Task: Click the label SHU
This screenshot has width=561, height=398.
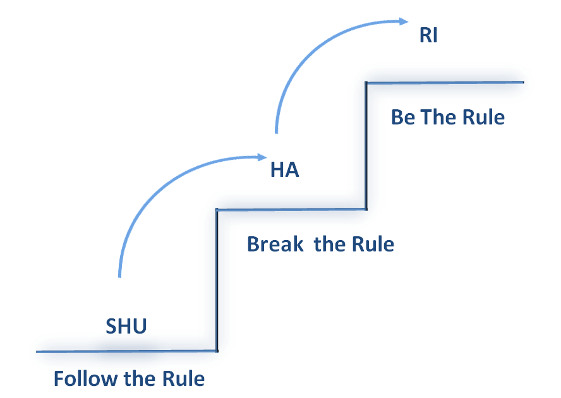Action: click(126, 325)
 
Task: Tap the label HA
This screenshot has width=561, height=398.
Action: click(284, 170)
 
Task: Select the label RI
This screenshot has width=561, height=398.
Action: click(428, 35)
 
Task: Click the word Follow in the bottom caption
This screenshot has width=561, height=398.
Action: click(77, 379)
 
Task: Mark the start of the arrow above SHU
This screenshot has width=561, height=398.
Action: click(119, 277)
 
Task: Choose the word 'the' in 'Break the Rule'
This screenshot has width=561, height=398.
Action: click(328, 244)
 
